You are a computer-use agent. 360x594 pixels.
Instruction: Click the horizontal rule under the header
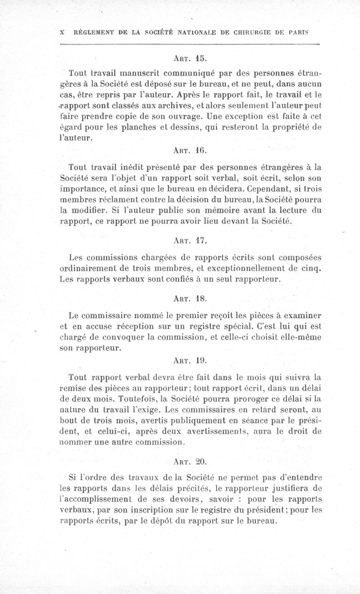coord(189,44)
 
